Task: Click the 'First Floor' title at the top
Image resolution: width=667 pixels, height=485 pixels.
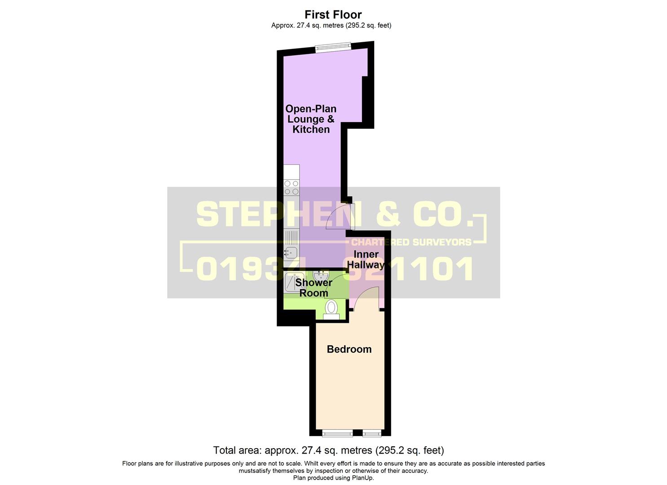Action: click(x=333, y=15)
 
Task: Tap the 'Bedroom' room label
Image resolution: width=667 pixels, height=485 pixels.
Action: click(x=349, y=349)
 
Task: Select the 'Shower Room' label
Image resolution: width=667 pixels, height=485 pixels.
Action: click(x=314, y=288)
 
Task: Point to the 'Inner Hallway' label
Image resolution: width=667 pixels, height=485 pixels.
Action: click(x=366, y=260)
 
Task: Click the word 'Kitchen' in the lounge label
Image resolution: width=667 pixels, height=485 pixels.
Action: click(x=311, y=130)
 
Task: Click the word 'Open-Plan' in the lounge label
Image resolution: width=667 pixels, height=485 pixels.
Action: click(x=311, y=109)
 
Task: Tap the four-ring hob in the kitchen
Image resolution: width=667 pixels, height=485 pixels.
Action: click(x=292, y=187)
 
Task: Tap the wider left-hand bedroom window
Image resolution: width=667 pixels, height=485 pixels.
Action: click(x=337, y=433)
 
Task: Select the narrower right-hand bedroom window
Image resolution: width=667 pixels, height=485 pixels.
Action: click(x=371, y=433)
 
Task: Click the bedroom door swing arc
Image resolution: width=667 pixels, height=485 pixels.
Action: click(x=365, y=296)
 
